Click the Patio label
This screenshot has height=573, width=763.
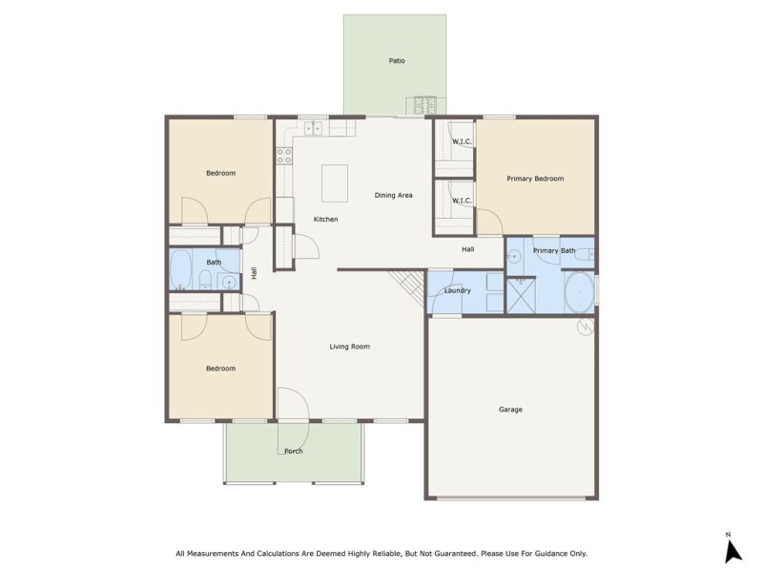397,60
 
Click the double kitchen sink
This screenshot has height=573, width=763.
312,126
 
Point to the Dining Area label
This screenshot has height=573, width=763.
393,195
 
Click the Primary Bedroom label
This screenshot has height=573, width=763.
535,179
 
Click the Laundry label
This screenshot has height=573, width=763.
458,290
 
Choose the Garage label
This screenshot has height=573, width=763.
510,410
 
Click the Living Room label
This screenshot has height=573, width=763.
349,347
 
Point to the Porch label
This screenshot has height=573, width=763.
293,452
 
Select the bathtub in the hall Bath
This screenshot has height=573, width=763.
182,270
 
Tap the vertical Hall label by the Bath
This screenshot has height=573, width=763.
254,272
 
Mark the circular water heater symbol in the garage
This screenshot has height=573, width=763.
585,328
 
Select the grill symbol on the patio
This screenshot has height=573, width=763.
423,103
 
